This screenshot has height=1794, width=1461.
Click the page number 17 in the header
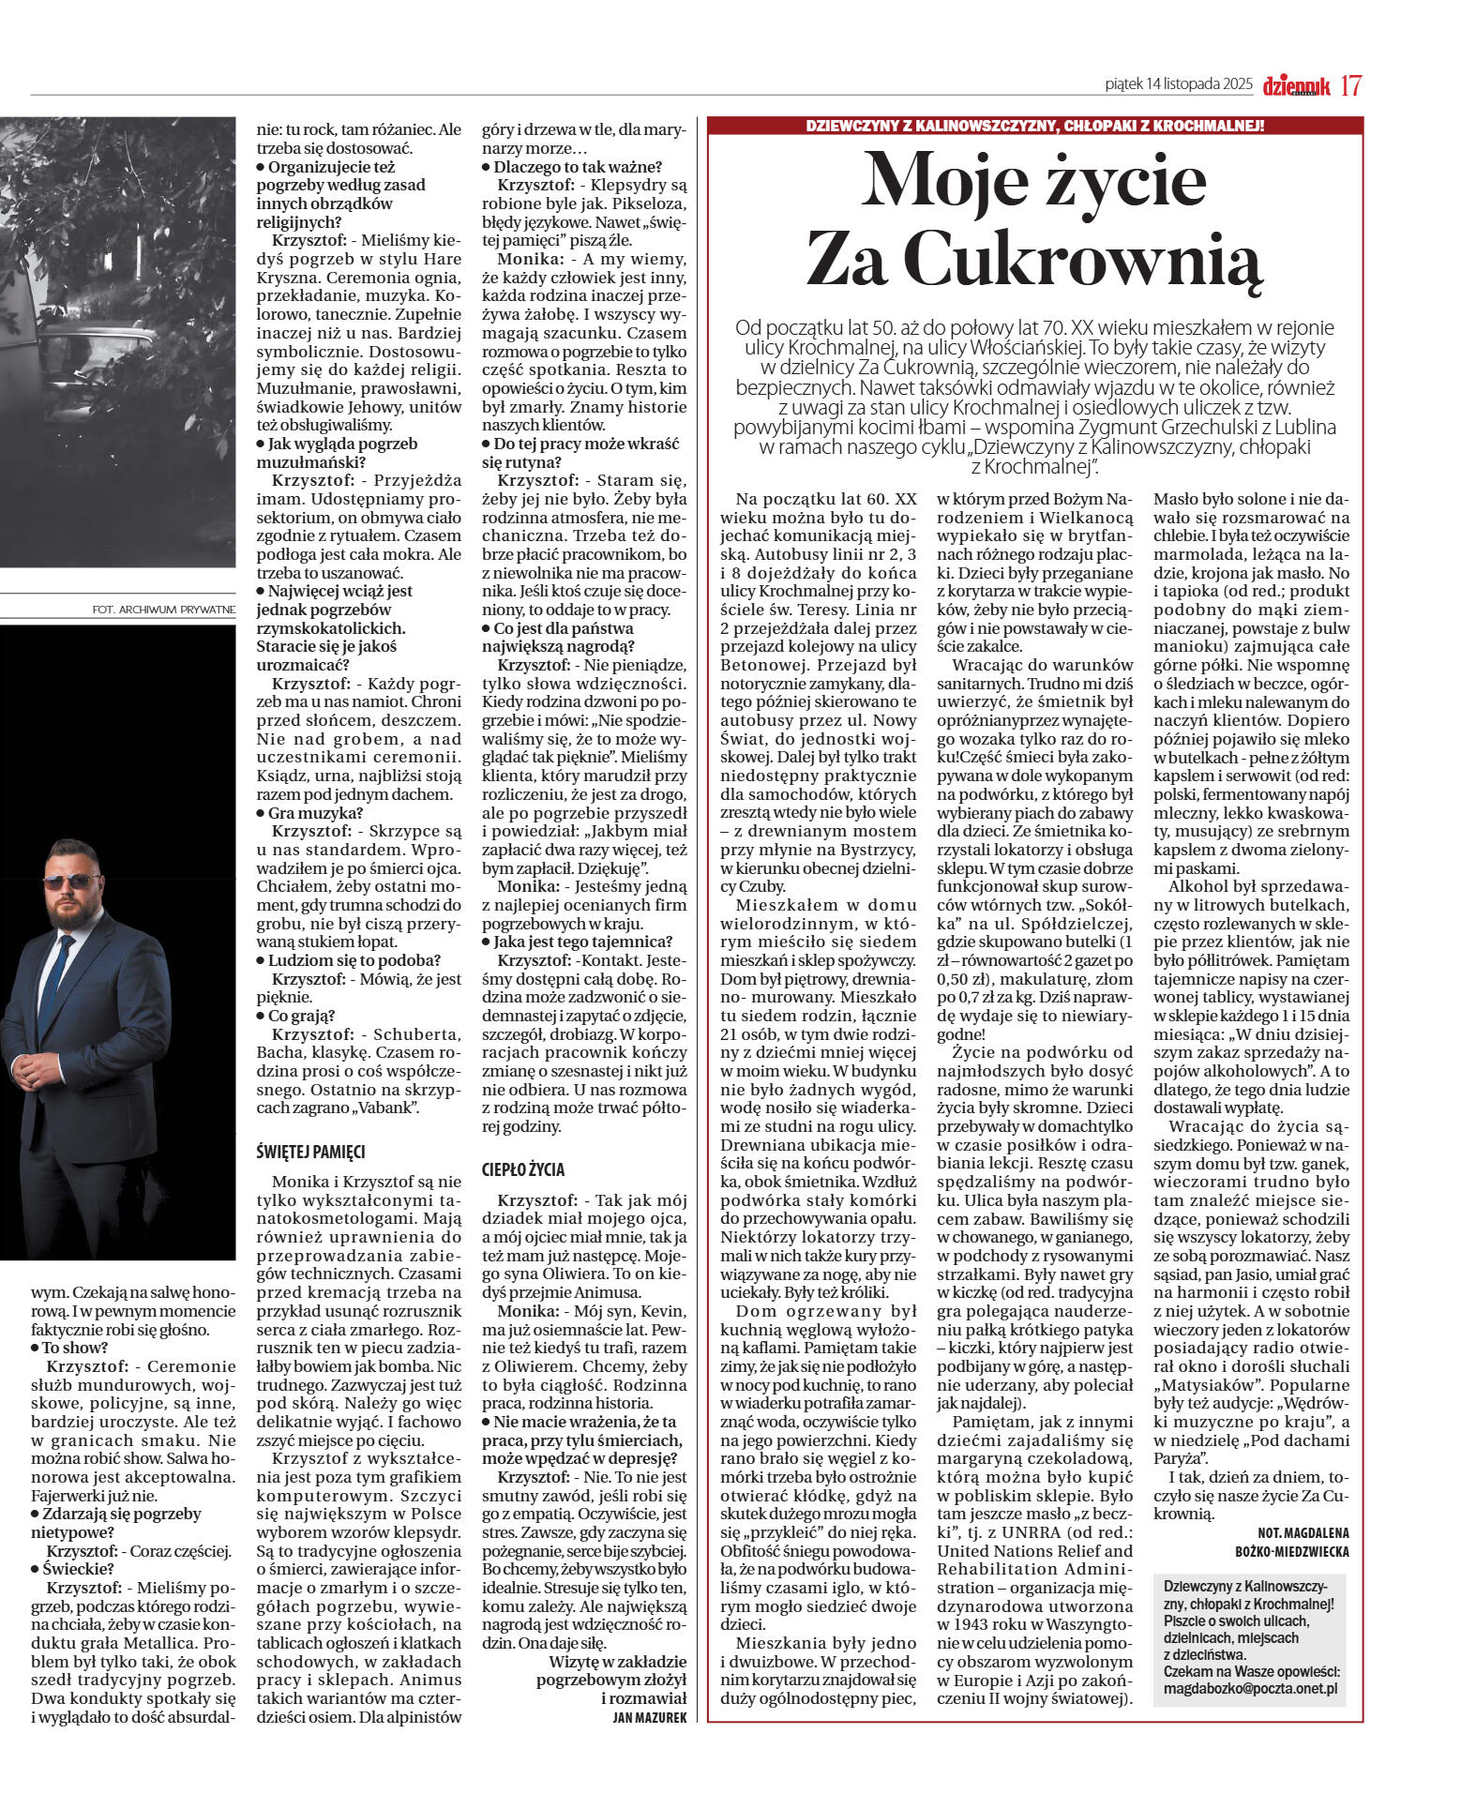(x=1350, y=85)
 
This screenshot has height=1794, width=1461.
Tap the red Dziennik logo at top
(x=1297, y=86)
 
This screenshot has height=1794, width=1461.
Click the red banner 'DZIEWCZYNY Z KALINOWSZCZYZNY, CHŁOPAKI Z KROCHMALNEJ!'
(x=1035, y=126)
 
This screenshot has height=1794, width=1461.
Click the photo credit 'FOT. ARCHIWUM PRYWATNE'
(x=164, y=610)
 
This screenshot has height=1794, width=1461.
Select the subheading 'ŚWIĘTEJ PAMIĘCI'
(x=310, y=1152)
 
